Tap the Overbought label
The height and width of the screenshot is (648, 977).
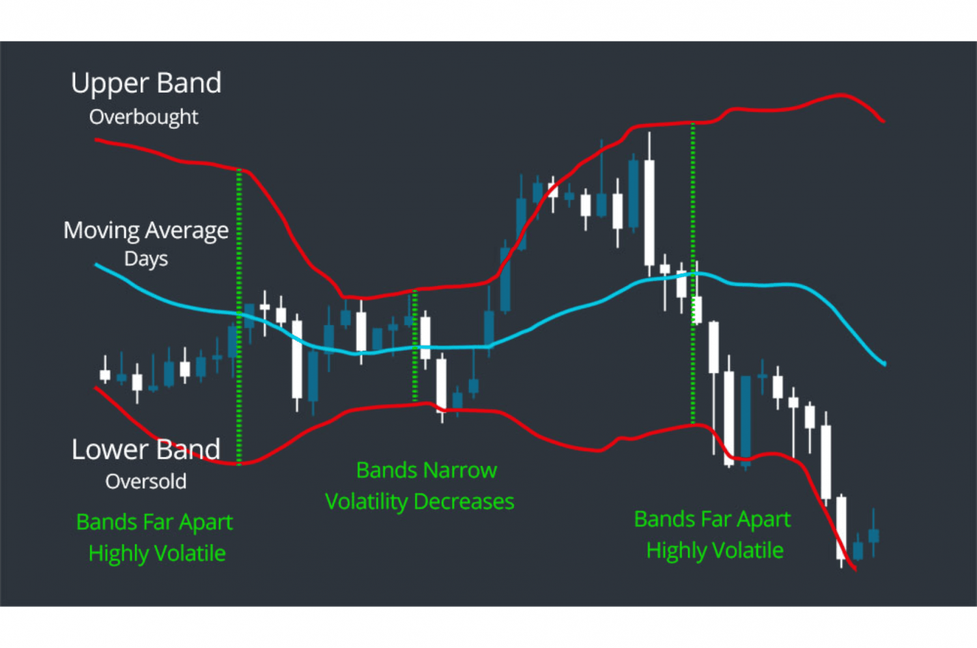click(x=143, y=117)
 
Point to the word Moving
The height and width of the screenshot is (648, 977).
click(x=102, y=231)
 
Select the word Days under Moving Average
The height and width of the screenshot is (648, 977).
click(x=146, y=259)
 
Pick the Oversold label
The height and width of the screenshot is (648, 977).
click(x=146, y=481)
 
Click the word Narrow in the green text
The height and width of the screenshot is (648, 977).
click(x=460, y=470)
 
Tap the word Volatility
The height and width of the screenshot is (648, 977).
click(x=366, y=501)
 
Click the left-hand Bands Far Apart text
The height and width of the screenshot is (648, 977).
click(x=154, y=522)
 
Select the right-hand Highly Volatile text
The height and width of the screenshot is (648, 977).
click(x=715, y=551)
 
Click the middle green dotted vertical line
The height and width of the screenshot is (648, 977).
click(x=415, y=346)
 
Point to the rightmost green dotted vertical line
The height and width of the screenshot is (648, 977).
click(x=693, y=274)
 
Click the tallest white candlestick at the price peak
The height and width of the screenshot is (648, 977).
click(x=649, y=212)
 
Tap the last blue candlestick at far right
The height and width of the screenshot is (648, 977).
click(x=873, y=535)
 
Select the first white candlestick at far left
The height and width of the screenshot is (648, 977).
click(x=105, y=374)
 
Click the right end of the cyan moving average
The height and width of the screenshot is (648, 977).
click(x=883, y=363)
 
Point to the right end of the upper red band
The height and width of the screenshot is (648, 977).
click(x=882, y=120)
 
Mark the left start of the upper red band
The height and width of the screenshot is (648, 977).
click(x=97, y=140)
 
